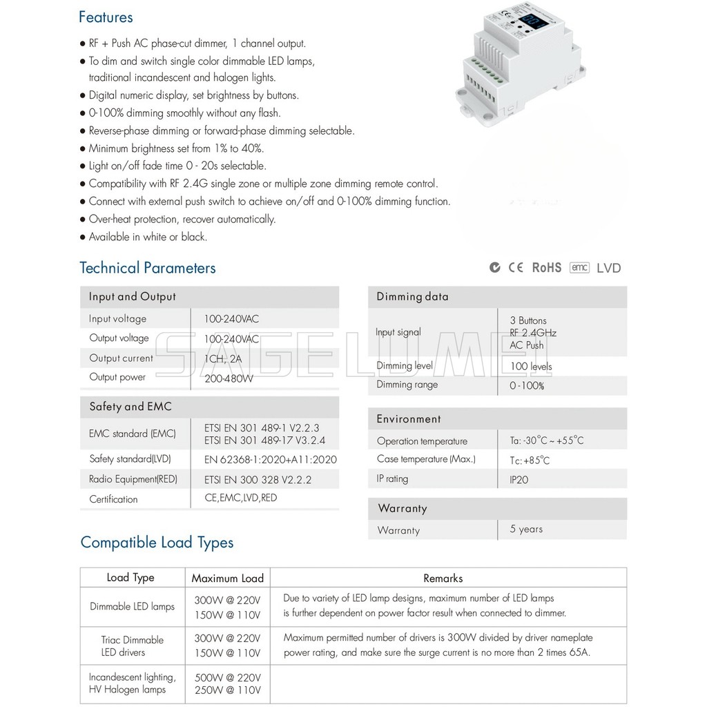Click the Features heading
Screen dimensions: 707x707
106,17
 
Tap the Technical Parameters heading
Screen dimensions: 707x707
148,268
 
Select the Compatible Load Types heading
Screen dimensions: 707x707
157,543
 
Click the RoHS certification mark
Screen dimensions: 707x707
547,267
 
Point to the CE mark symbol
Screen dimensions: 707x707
516,267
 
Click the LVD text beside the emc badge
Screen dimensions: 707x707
608,268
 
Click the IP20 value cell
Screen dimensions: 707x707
519,479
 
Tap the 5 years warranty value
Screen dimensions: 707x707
526,530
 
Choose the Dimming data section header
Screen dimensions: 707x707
412,297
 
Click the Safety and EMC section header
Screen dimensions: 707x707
130,407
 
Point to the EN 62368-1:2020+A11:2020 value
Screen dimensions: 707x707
271,459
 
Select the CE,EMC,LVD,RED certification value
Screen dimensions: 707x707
241,498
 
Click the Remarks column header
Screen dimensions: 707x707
443,579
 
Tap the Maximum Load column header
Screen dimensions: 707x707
228,579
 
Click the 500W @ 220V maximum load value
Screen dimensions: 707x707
229,677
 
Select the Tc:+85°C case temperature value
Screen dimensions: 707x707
530,461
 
